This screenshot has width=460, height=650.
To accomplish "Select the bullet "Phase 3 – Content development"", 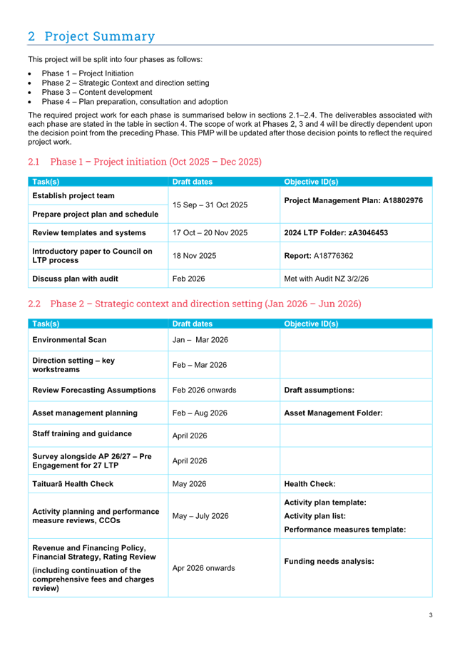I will [x=96, y=93].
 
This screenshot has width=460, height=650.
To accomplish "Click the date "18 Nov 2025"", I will [x=194, y=255].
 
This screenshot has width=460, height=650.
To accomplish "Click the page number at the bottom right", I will [x=430, y=615].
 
